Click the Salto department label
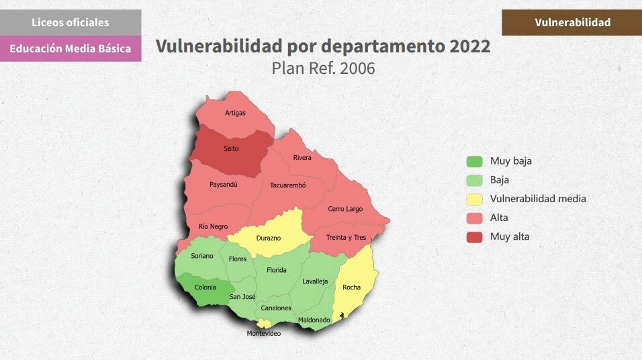pyautogui.click(x=231, y=148)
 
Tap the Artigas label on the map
pyautogui.click(x=236, y=113)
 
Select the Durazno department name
pyautogui.click(x=269, y=238)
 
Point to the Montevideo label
pyautogui.click(x=264, y=333)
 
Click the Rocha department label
pyautogui.click(x=351, y=287)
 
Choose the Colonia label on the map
pyautogui.click(x=205, y=287)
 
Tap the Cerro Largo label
pyautogui.click(x=345, y=209)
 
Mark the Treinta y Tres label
pyautogui.click(x=346, y=238)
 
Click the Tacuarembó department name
pyautogui.click(x=288, y=185)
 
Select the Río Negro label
pyautogui.click(x=213, y=226)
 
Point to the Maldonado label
pyautogui.click(x=314, y=320)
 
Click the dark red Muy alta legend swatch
pyautogui.click(x=474, y=237)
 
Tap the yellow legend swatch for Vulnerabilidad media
pyautogui.click(x=474, y=199)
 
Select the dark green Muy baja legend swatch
pyautogui.click(x=474, y=161)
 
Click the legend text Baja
pyautogui.click(x=500, y=180)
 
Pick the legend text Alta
pyautogui.click(x=499, y=218)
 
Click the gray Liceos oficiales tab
pyautogui.click(x=71, y=23)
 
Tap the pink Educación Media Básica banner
pyautogui.click(x=71, y=48)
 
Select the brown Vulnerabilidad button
pyautogui.click(x=572, y=23)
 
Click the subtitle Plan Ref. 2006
pyautogui.click(x=323, y=68)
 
